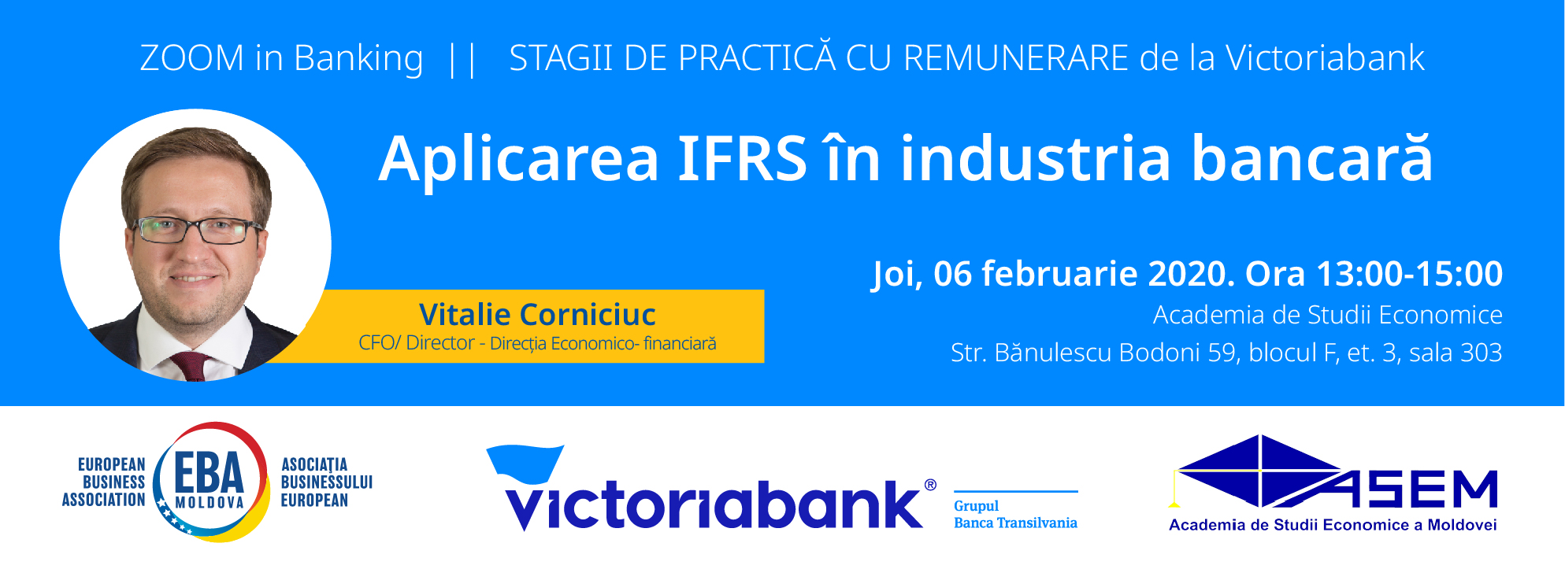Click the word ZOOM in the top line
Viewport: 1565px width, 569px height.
point(192,58)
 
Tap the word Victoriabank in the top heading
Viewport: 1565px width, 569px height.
point(1325,58)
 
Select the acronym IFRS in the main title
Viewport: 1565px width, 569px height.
point(742,158)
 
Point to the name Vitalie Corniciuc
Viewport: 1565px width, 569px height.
point(537,314)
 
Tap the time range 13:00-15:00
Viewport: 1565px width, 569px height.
point(1409,274)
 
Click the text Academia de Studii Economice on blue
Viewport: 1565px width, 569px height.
point(1328,315)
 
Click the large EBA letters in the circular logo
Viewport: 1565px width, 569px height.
point(209,473)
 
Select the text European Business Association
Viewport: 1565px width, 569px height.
point(104,482)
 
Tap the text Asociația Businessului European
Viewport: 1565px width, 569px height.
point(326,482)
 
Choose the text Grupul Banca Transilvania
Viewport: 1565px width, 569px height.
point(1015,515)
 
